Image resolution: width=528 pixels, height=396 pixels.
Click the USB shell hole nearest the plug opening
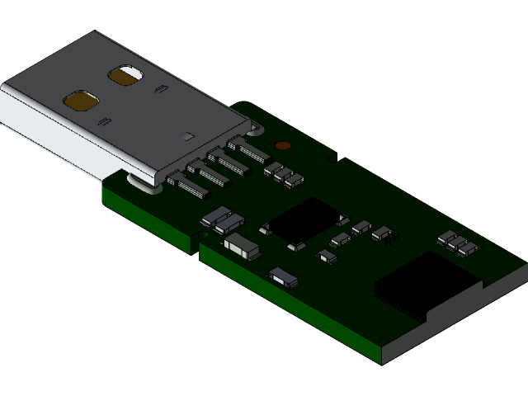coord(81,101)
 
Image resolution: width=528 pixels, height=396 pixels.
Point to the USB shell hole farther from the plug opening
coord(125,75)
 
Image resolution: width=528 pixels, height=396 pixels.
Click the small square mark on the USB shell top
coord(190,136)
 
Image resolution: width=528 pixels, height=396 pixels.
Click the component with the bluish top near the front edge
coord(282,276)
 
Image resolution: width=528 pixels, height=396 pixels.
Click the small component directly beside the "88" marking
coord(380,233)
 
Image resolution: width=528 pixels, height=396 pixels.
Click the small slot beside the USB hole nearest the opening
coord(104,122)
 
